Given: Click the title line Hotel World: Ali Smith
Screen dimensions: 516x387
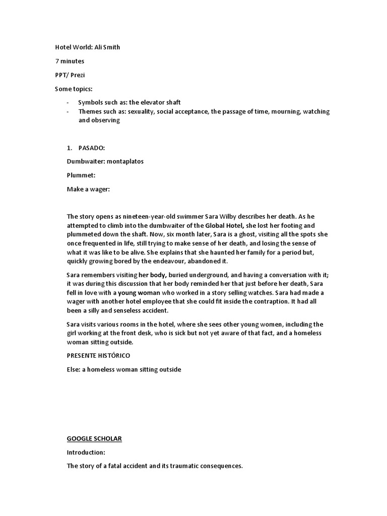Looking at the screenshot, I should tap(87, 47).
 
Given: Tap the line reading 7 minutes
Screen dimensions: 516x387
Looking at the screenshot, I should tap(70, 61).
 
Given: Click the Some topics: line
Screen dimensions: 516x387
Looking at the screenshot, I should tap(74, 89).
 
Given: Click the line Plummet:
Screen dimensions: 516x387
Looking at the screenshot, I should tap(81, 175).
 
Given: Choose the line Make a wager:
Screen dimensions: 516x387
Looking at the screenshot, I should tap(88, 189).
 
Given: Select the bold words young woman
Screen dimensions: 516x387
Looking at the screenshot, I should tap(139, 293).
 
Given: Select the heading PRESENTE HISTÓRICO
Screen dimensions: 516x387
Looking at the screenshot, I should tap(98, 355).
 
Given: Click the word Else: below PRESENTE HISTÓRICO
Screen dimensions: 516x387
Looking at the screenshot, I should tap(75, 369).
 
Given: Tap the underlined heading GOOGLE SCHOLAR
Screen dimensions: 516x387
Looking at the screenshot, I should tap(94, 438).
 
